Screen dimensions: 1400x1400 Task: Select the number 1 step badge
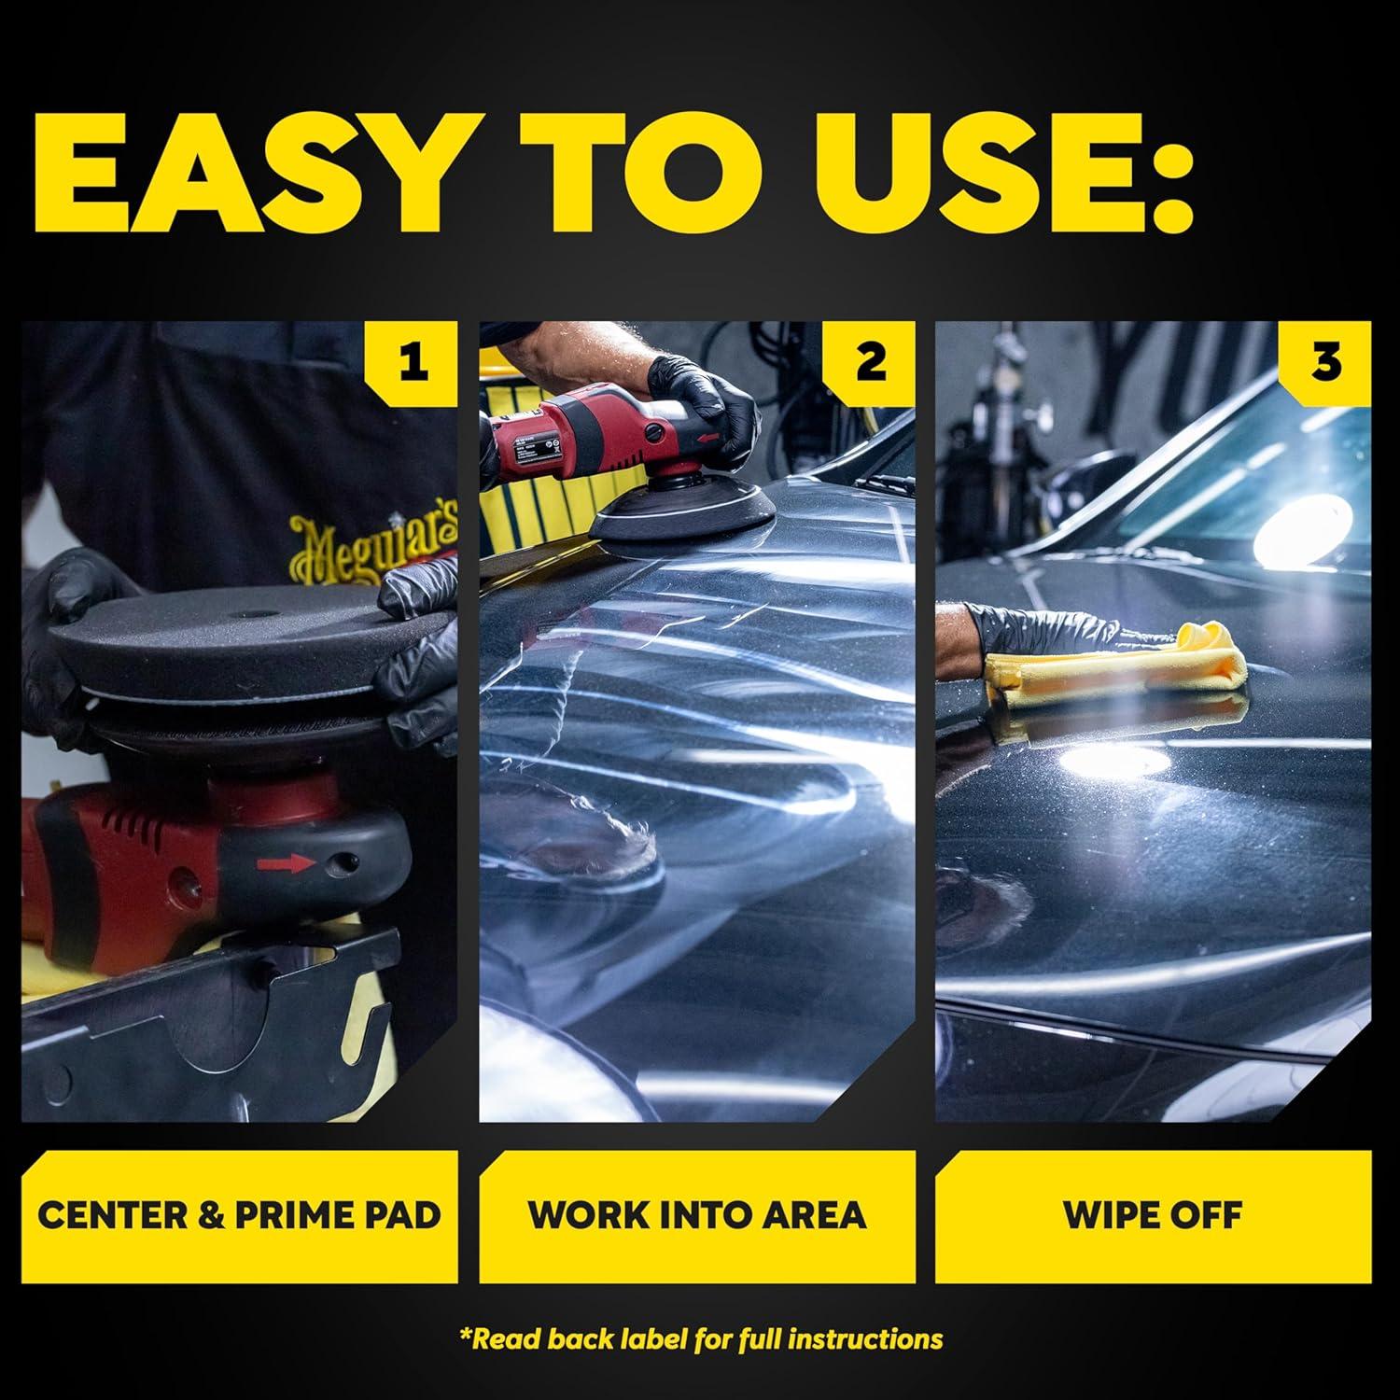point(413,363)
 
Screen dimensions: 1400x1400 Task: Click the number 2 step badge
point(870,363)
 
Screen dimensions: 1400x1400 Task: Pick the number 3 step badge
point(1326,363)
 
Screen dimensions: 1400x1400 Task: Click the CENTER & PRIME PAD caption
point(239,1215)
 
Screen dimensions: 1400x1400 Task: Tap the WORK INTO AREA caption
point(696,1215)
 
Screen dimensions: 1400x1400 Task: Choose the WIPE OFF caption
point(1154,1215)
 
